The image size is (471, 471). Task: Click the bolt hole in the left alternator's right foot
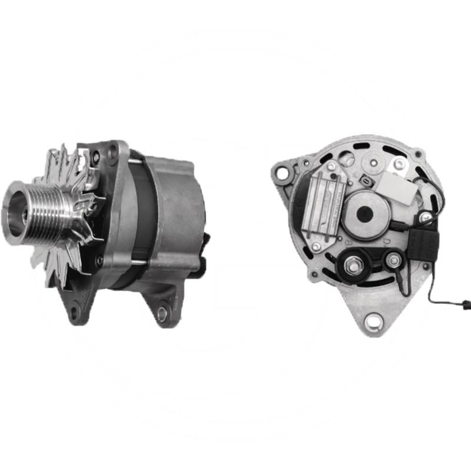click(162, 314)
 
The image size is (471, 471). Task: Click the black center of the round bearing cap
click(365, 214)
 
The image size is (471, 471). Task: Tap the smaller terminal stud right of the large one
click(392, 260)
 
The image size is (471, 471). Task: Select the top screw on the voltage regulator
click(331, 167)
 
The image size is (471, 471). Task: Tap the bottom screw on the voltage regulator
click(317, 246)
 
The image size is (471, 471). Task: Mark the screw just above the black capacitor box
click(425, 218)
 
